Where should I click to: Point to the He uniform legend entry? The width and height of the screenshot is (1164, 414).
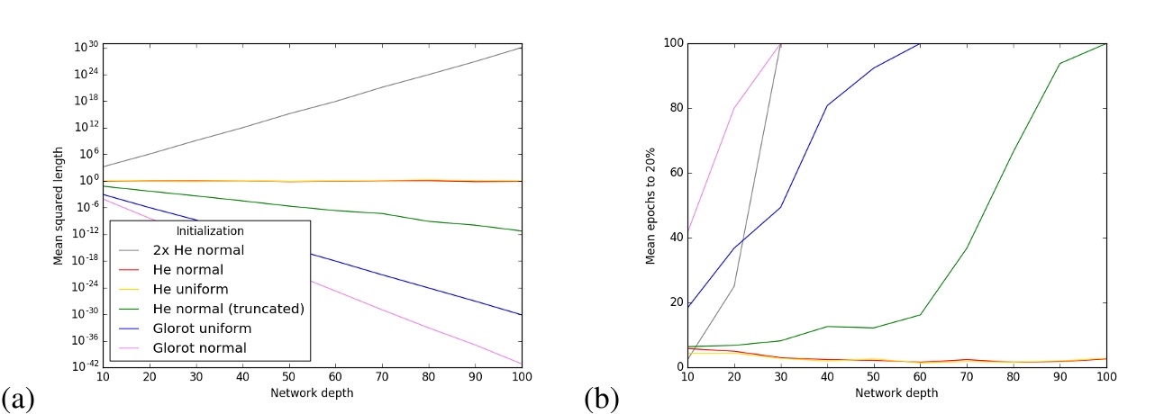(x=191, y=289)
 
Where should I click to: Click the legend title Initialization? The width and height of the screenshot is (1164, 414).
(x=209, y=230)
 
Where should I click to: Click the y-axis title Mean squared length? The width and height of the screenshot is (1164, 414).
(x=59, y=205)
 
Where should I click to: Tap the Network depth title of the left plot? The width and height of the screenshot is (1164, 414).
(x=312, y=392)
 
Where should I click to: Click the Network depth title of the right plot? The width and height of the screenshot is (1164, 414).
(x=896, y=392)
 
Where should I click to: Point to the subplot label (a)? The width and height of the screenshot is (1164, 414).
(x=20, y=398)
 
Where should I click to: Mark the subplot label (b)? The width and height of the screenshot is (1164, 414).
(x=601, y=398)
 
